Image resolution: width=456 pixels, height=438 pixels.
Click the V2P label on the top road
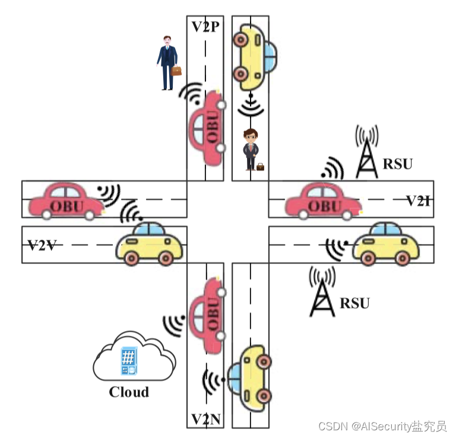(x=205, y=27)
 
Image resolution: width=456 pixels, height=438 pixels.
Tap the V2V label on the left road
(x=42, y=245)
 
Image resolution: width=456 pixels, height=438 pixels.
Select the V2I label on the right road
(x=418, y=201)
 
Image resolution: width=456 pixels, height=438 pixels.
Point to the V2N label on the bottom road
(x=206, y=420)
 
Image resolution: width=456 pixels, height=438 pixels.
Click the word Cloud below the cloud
(x=129, y=392)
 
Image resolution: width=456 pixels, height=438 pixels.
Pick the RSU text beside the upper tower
(x=397, y=164)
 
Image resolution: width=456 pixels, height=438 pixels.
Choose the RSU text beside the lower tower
(x=354, y=303)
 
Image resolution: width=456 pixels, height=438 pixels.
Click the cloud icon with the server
(x=133, y=358)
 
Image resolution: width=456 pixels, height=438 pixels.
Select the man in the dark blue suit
(x=167, y=62)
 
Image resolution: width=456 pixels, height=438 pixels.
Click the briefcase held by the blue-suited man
(x=176, y=71)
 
